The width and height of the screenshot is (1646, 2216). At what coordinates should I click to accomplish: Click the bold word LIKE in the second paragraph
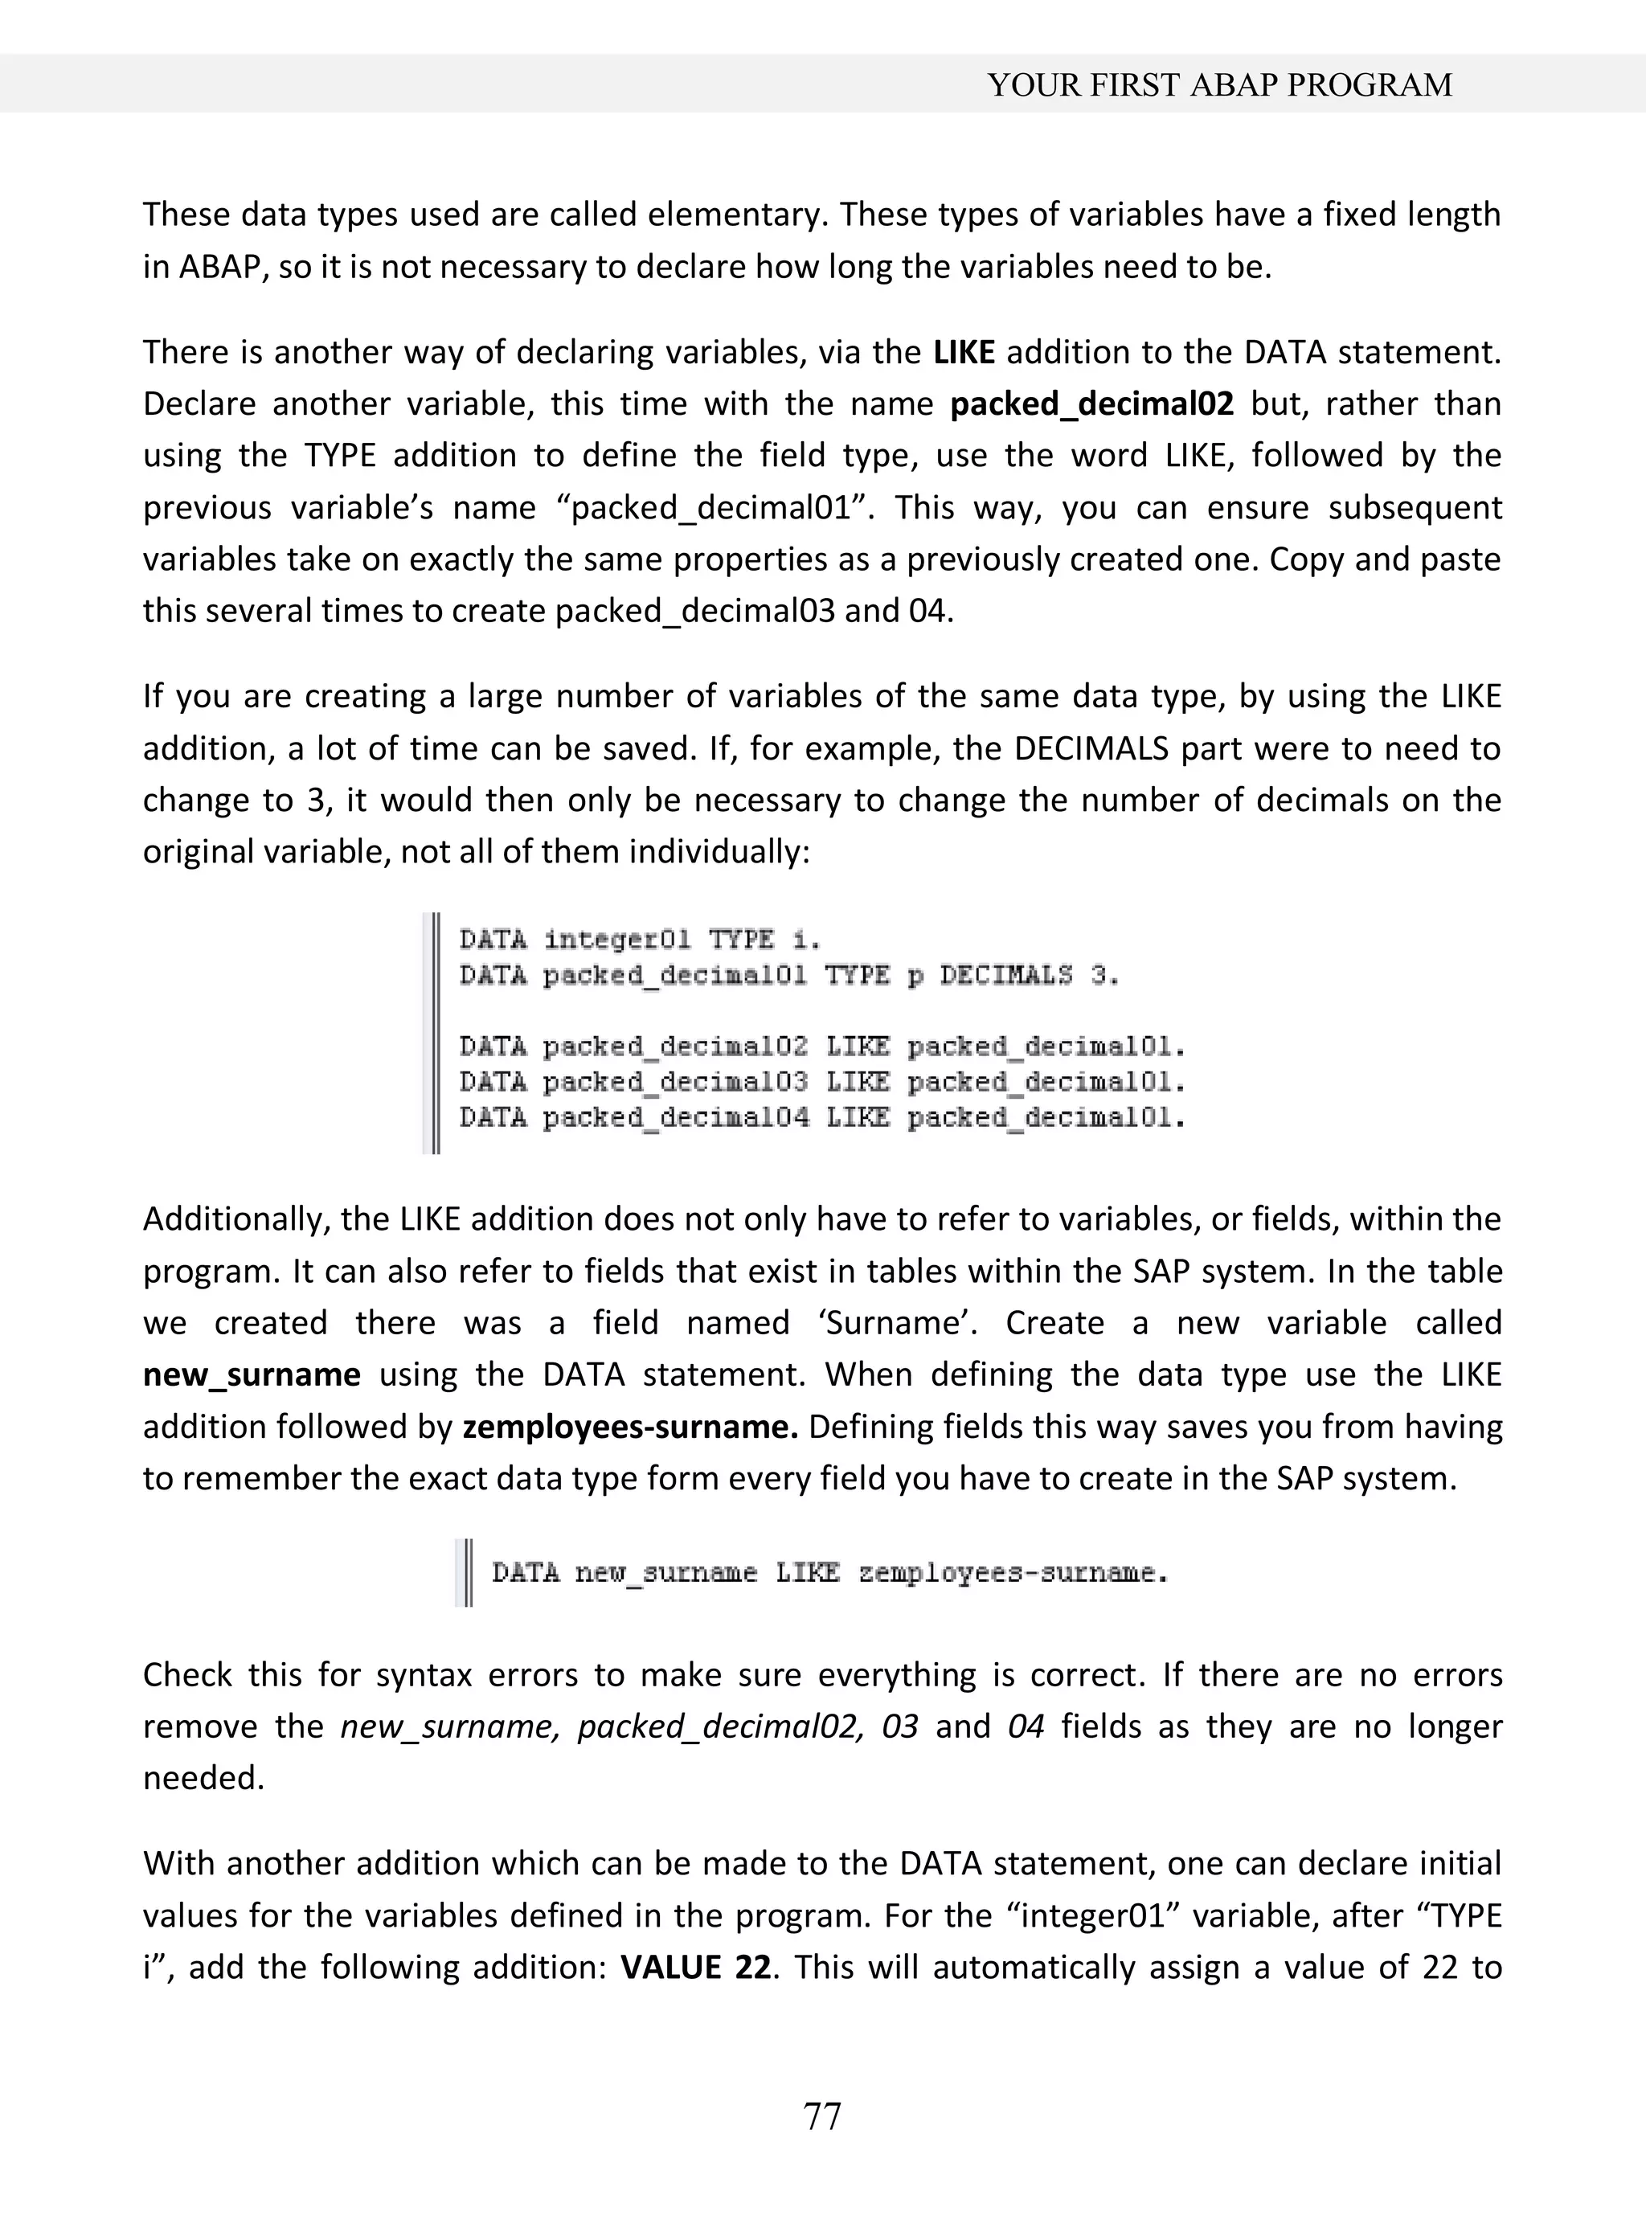point(964,352)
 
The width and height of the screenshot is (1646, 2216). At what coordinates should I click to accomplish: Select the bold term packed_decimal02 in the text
point(1091,403)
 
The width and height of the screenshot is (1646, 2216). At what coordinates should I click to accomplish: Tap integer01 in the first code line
point(616,940)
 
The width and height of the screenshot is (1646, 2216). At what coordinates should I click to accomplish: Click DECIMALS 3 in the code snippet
point(1028,976)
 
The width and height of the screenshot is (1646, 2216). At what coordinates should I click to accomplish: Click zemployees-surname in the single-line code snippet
point(1011,1573)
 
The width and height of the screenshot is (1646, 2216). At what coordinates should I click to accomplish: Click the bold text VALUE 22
point(694,1967)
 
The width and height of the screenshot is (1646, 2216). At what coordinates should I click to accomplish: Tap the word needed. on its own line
point(203,1778)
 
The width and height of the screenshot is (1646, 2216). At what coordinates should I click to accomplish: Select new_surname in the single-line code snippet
point(665,1573)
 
